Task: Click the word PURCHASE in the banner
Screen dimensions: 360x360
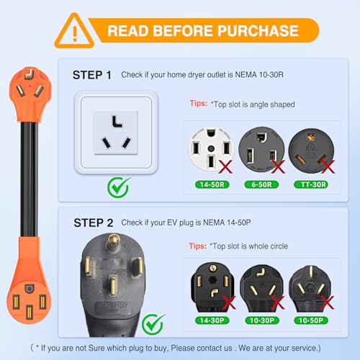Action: pyautogui.click(x=260, y=30)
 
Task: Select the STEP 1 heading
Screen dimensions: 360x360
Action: pyautogui.click(x=92, y=75)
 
